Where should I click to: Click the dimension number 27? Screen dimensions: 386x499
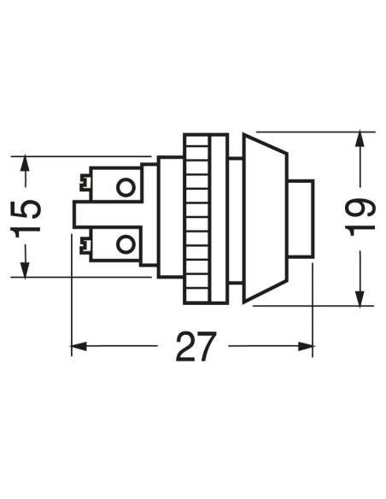click(196, 346)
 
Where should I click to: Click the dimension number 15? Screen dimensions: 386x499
click(26, 216)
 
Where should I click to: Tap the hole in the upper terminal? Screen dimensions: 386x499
click(126, 187)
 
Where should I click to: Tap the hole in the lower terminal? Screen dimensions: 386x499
click(126, 244)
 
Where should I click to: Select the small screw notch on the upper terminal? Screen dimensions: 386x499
click(85, 183)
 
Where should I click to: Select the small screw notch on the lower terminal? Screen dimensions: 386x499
click(85, 246)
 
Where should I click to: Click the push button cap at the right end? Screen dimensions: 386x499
click(301, 219)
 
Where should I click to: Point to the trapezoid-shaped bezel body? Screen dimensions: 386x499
click(266, 219)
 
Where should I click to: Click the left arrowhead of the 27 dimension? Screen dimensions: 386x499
click(79, 346)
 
